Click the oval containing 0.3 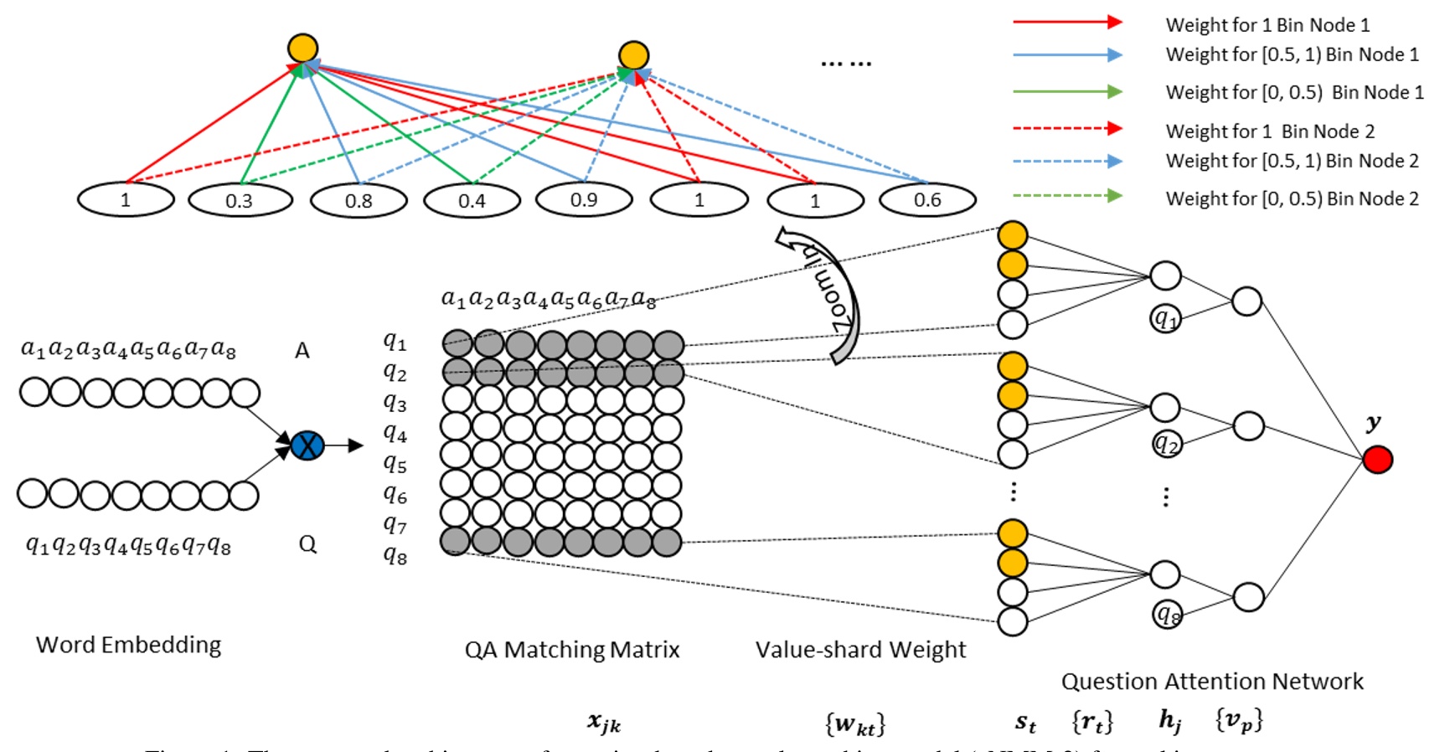(240, 201)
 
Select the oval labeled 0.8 (359, 201)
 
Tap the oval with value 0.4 (472, 201)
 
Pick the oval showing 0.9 (584, 200)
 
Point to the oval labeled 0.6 (927, 200)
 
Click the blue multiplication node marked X (307, 445)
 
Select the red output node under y (1377, 459)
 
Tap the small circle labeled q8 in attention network (1167, 614)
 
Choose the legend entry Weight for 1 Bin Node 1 (1267, 25)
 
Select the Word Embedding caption (128, 645)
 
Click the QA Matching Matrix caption (572, 650)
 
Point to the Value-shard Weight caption (860, 650)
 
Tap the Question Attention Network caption (1212, 682)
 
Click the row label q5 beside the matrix (395, 463)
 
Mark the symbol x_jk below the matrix (604, 722)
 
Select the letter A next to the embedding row (302, 351)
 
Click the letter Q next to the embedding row (307, 544)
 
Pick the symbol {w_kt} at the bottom (854, 723)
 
